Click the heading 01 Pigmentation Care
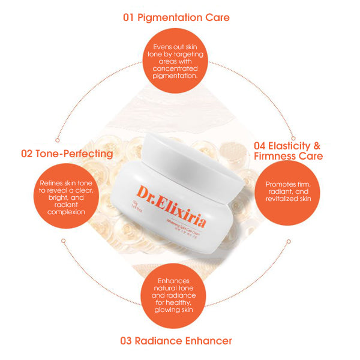click(x=176, y=17)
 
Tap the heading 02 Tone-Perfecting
click(x=67, y=154)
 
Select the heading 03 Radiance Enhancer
click(x=176, y=341)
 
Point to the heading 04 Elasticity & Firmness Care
click(x=288, y=151)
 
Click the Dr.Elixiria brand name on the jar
click(x=171, y=208)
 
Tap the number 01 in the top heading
click(x=129, y=17)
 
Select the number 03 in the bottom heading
click(x=126, y=341)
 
